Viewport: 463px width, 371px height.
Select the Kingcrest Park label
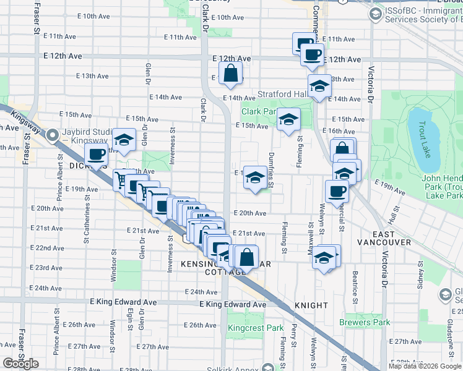pyautogui.click(x=255, y=328)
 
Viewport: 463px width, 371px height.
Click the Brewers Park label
pyautogui.click(x=365, y=322)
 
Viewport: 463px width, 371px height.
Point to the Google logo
pyautogui.click(x=20, y=364)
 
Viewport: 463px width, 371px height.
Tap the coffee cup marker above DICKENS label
pyautogui.click(x=96, y=155)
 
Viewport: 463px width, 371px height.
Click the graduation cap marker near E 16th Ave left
pyautogui.click(x=124, y=140)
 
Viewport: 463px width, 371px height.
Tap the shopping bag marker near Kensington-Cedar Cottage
pyautogui.click(x=246, y=256)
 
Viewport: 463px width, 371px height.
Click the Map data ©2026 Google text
pyautogui.click(x=425, y=366)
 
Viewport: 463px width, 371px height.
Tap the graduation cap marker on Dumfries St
pyautogui.click(x=254, y=177)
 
